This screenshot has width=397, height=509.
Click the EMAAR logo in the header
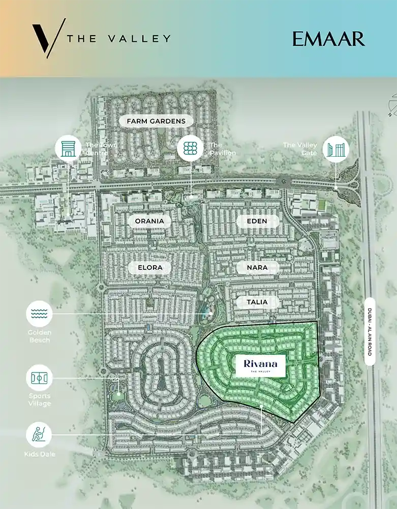(328, 39)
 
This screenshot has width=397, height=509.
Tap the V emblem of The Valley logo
(48, 38)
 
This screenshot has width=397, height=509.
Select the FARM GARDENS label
(152, 121)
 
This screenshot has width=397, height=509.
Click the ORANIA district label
(149, 221)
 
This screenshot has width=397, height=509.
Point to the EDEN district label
(257, 221)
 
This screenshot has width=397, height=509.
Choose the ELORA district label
(149, 267)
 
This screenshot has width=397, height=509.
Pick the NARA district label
(258, 267)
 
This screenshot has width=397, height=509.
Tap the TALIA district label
(258, 302)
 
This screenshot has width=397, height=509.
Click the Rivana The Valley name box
(260, 366)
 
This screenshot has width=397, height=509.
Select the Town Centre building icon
(68, 149)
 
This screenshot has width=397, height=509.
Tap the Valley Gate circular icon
(336, 149)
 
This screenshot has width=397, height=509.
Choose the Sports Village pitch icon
(39, 378)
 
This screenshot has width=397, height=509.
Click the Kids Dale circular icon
(39, 435)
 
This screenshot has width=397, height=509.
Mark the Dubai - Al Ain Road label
(370, 331)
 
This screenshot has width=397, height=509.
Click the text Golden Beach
(39, 336)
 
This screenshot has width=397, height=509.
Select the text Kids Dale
(39, 454)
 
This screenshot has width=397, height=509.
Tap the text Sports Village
(39, 400)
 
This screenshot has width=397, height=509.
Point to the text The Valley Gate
(300, 149)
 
